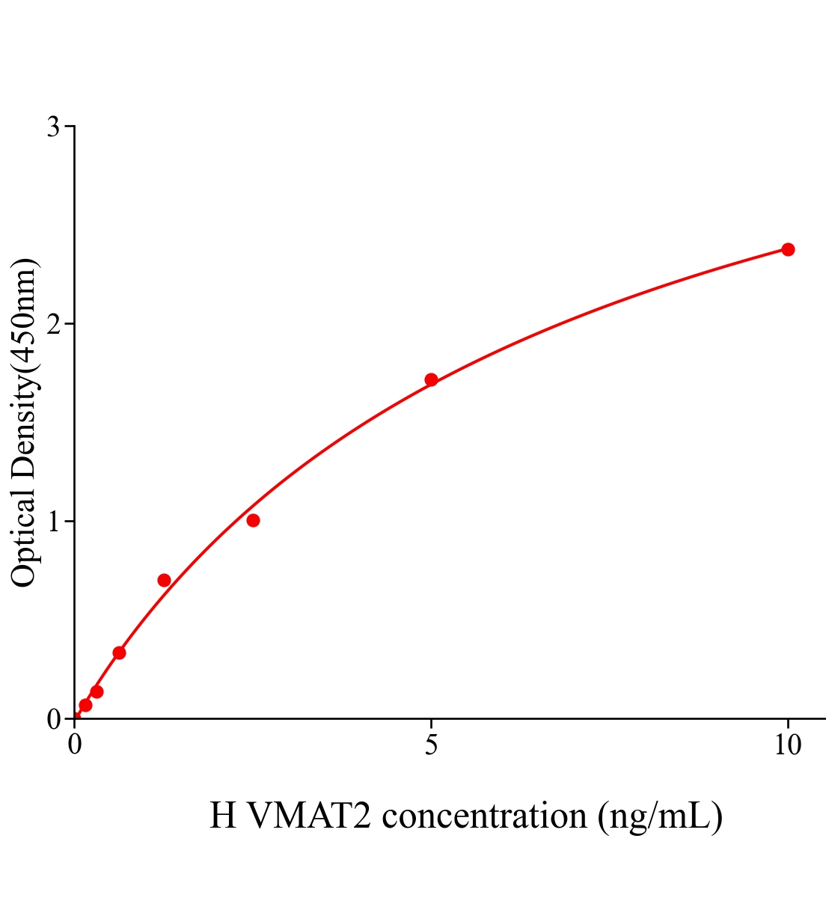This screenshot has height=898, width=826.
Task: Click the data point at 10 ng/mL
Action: (787, 249)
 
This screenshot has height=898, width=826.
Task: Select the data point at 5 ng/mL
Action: (431, 379)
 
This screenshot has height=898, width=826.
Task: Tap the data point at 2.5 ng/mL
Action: (253, 520)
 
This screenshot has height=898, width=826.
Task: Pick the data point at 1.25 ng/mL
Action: (164, 580)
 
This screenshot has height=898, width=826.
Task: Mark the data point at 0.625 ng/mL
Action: (119, 653)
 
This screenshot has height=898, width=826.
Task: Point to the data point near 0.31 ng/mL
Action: (97, 691)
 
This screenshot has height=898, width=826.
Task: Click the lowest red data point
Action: (85, 705)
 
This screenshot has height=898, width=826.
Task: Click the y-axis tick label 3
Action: (54, 127)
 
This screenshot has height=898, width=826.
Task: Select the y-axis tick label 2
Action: (54, 324)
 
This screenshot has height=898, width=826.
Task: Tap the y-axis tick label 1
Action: (54, 522)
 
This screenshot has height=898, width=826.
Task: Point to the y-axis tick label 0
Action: (54, 719)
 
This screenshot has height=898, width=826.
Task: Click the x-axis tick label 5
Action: (431, 745)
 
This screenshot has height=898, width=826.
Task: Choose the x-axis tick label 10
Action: (787, 745)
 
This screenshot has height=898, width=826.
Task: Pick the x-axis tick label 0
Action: (75, 745)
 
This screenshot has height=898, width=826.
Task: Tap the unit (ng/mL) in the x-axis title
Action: (660, 816)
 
